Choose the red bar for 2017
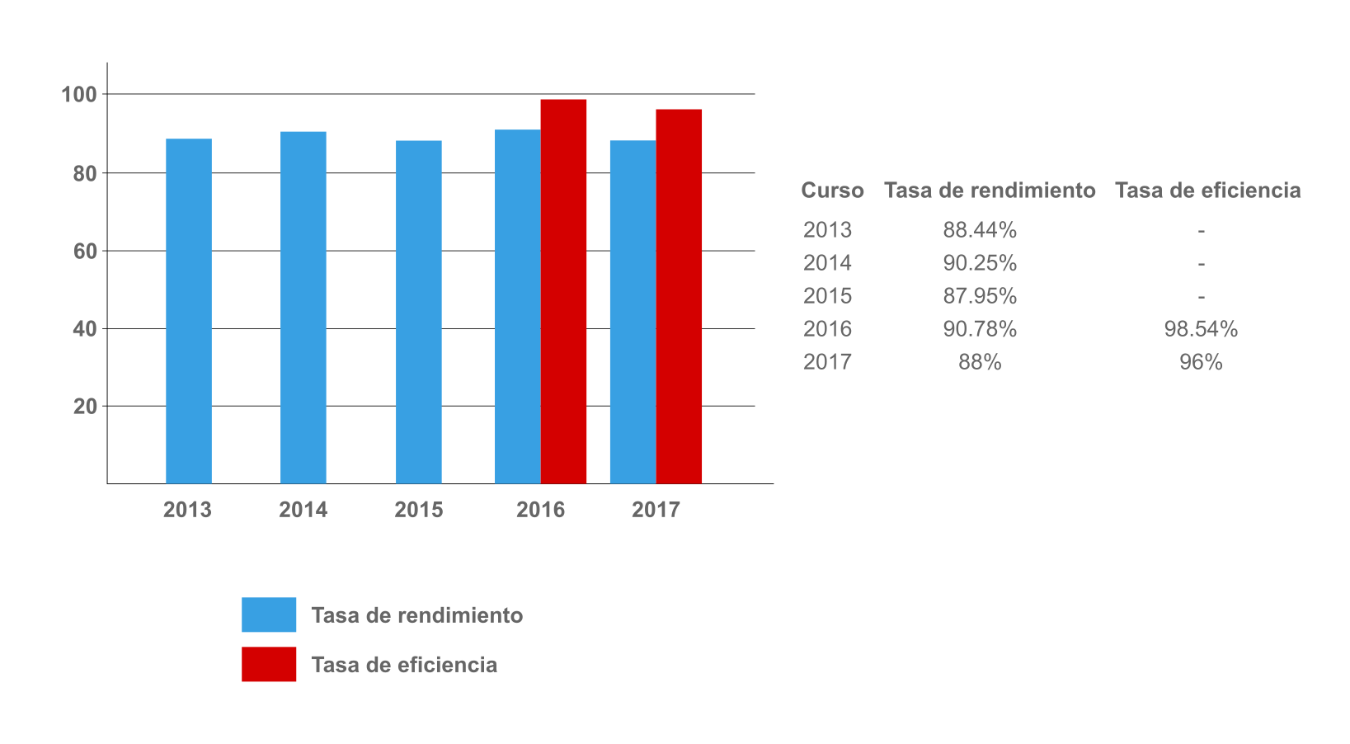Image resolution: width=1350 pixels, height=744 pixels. click(x=679, y=296)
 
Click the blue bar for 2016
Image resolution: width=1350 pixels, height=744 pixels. click(x=518, y=306)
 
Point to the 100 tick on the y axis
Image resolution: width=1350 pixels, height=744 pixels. click(x=79, y=95)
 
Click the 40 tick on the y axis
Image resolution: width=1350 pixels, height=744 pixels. click(x=85, y=329)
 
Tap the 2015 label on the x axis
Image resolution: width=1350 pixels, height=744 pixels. click(x=419, y=510)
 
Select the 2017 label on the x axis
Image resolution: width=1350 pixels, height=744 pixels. click(x=656, y=510)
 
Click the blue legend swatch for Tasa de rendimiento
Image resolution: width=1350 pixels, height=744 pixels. click(x=269, y=615)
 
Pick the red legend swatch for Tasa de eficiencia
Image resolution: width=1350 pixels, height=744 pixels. click(x=269, y=664)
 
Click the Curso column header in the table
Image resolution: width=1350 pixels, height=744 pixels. click(x=832, y=191)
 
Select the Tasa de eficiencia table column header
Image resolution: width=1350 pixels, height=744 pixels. click(x=1207, y=191)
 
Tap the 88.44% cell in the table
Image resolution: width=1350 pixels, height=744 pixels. click(x=980, y=230)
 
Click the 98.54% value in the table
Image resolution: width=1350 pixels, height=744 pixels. click(x=1201, y=329)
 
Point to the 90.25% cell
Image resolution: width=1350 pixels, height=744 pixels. click(x=980, y=263)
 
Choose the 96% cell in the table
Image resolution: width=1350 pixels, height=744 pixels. click(x=1201, y=362)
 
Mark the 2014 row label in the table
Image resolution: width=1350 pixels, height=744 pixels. click(x=827, y=263)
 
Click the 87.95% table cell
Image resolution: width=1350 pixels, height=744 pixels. click(x=980, y=296)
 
